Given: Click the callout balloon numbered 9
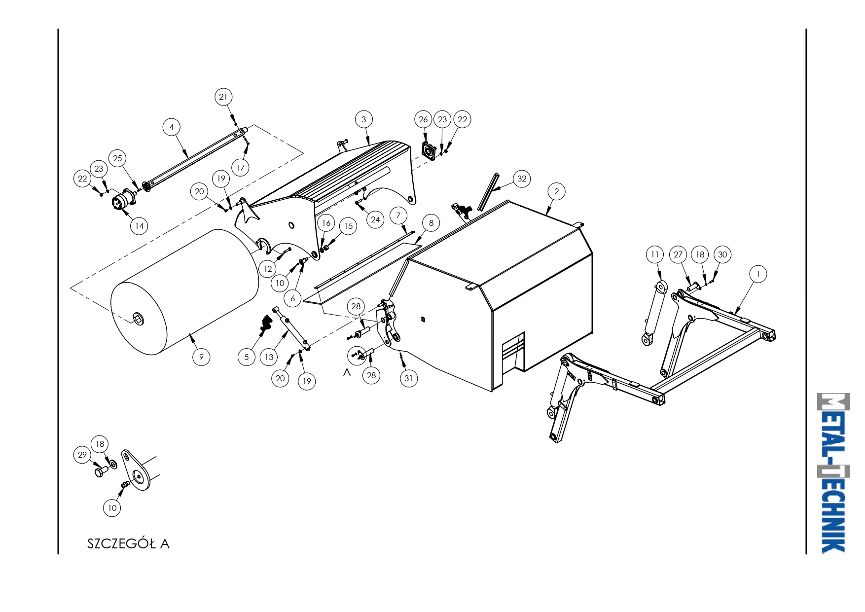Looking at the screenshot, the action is pyautogui.click(x=201, y=357).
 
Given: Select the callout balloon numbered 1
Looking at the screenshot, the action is pyautogui.click(x=758, y=274).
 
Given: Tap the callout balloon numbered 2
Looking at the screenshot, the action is pyautogui.click(x=557, y=191).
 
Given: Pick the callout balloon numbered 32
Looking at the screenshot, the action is pyautogui.click(x=522, y=179).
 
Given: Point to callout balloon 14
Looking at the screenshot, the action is pyautogui.click(x=140, y=226).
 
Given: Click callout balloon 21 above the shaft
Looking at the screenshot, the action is pyautogui.click(x=223, y=97).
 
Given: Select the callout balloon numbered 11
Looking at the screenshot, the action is pyautogui.click(x=655, y=254).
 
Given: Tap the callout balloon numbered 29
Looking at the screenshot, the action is pyautogui.click(x=82, y=455).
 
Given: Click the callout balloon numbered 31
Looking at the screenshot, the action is pyautogui.click(x=408, y=378).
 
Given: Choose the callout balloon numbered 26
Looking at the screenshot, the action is pyautogui.click(x=423, y=119).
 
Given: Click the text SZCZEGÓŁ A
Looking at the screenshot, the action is pyautogui.click(x=128, y=543).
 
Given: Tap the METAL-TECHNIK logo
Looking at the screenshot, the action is pyautogui.click(x=833, y=473).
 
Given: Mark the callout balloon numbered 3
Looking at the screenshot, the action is pyautogui.click(x=364, y=119).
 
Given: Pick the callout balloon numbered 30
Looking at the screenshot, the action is pyautogui.click(x=722, y=254).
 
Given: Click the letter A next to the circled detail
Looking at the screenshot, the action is pyautogui.click(x=347, y=372).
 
